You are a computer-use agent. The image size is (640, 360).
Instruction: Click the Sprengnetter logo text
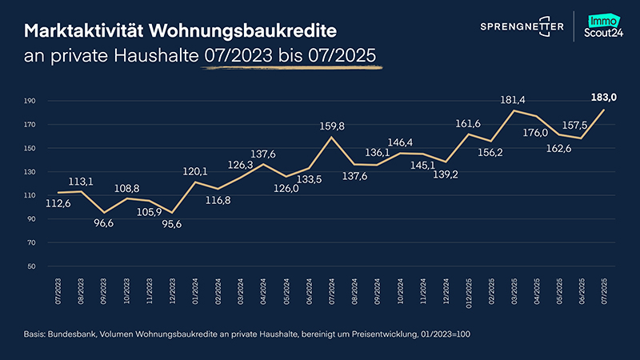tap(521, 26)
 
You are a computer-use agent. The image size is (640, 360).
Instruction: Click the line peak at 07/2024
tap(331, 137)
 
